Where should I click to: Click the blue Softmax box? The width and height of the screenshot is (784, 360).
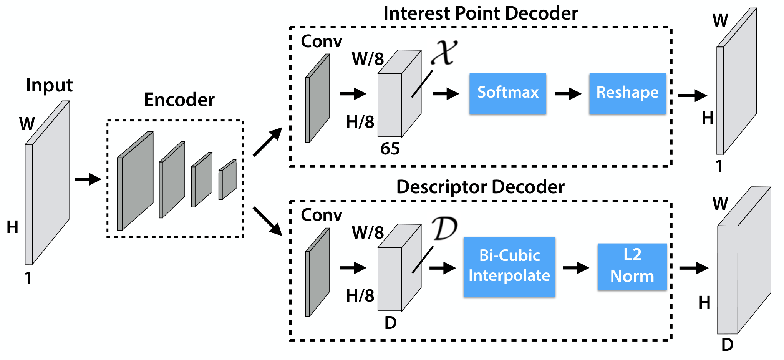point(507,94)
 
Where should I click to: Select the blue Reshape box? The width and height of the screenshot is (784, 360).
point(627,94)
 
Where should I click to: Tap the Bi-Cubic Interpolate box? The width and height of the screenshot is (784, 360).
point(509,267)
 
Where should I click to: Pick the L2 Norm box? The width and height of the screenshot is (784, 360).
point(632,267)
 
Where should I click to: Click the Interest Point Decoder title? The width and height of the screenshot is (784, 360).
point(481,13)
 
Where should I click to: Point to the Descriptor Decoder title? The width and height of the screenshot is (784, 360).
point(481,187)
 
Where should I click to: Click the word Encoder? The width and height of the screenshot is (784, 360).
point(179,100)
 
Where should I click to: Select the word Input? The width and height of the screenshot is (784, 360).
point(49,85)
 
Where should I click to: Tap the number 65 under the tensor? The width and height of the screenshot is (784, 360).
point(390,149)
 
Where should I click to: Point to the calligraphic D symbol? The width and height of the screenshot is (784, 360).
point(445,228)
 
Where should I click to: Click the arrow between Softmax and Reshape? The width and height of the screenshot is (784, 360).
point(568,93)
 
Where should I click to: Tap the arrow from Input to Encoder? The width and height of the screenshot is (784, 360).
point(88,179)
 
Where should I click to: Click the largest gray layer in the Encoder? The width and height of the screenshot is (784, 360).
point(135,181)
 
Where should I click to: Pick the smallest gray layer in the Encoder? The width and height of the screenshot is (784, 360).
point(227,180)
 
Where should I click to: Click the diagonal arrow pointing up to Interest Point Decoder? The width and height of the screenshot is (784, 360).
point(268,142)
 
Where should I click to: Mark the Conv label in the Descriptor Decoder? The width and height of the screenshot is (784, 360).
point(322,215)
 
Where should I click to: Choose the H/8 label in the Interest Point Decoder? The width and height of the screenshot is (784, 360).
point(360,122)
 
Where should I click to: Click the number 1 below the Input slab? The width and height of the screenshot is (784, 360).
point(28,278)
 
